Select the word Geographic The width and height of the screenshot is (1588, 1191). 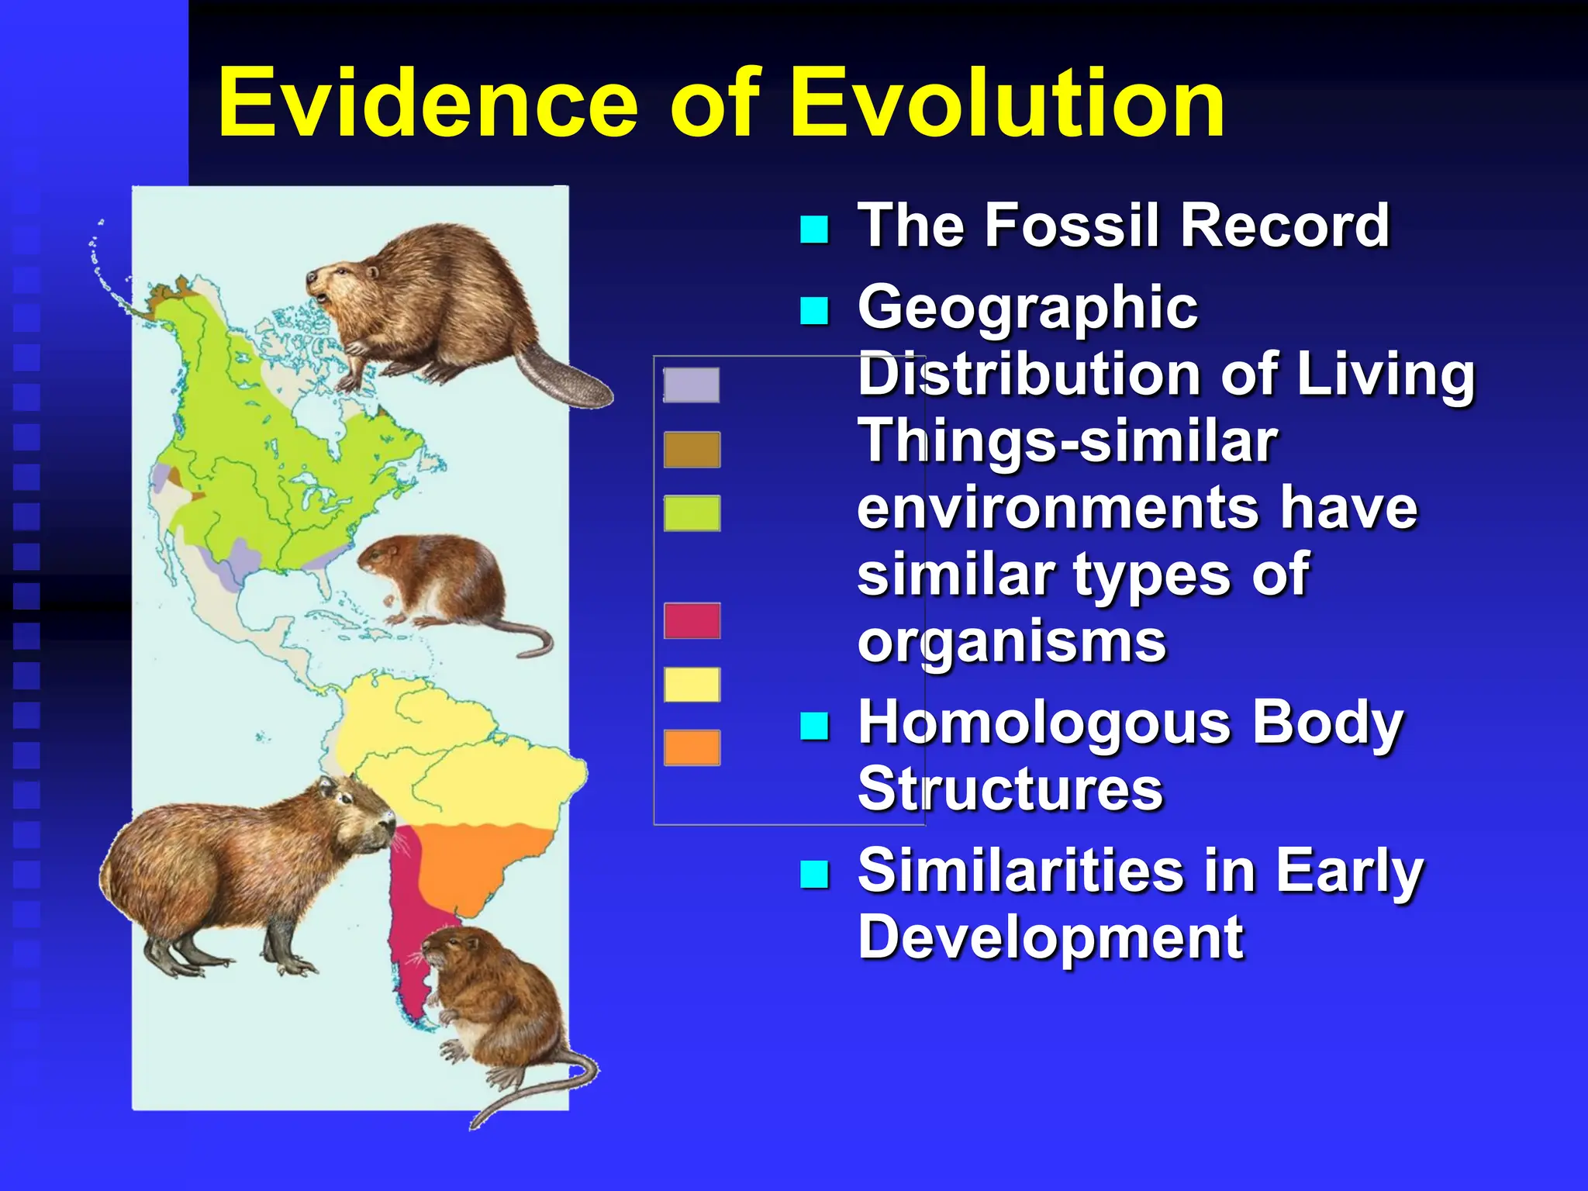click(x=1027, y=308)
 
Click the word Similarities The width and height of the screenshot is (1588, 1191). click(x=1020, y=870)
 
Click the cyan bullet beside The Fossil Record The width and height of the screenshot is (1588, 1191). click(x=814, y=229)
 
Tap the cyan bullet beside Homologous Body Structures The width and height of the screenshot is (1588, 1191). click(x=814, y=726)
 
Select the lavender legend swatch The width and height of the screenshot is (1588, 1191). click(x=692, y=385)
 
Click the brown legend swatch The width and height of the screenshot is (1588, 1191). click(x=692, y=450)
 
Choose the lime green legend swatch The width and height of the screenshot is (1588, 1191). click(x=692, y=513)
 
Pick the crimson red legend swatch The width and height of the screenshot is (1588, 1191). click(x=692, y=621)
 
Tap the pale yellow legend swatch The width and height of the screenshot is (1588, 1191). click(x=692, y=685)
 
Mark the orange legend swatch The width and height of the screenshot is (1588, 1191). click(x=692, y=747)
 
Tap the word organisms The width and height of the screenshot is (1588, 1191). click(x=1011, y=641)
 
